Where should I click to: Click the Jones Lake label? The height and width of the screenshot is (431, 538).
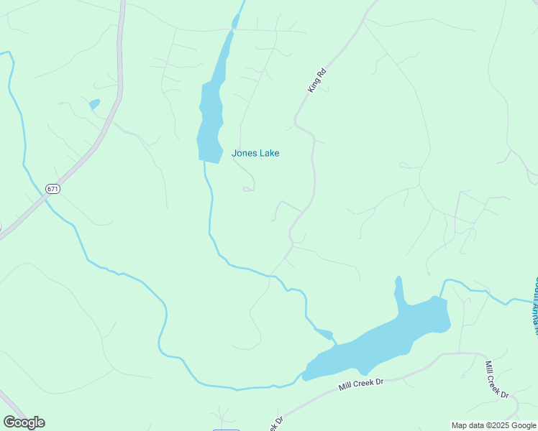pos(255,153)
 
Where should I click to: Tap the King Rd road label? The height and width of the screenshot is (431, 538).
pos(316,80)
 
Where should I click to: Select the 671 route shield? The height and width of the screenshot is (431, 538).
pos(52,189)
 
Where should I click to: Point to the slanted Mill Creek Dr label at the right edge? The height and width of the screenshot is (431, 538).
pos(496,380)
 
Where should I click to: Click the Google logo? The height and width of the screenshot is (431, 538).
pos(24,422)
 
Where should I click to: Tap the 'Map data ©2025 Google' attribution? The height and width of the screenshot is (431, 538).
pos(493,425)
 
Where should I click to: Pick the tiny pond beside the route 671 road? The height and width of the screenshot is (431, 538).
pos(94,105)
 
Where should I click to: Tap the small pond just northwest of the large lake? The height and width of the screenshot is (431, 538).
pos(325,333)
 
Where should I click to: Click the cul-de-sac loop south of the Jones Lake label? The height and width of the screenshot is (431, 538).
pos(247,189)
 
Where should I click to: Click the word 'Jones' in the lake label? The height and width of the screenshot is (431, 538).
pos(243,153)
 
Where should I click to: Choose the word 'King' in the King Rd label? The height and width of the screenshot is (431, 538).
pos(313,85)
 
